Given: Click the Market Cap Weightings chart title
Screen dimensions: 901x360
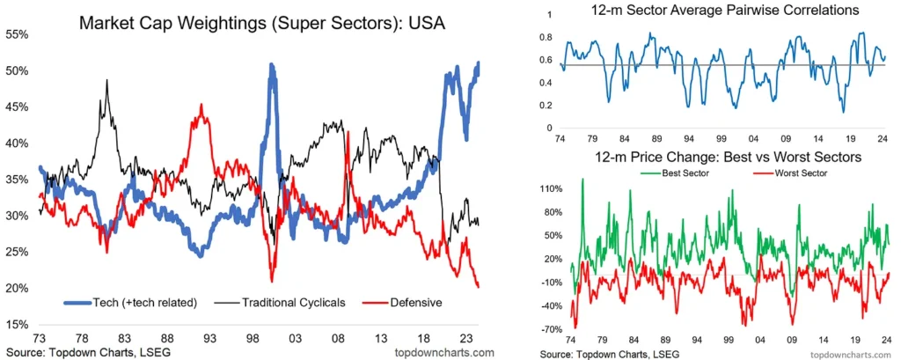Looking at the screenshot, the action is pos(261,24).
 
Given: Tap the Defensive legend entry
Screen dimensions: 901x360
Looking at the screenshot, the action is pos(401,303).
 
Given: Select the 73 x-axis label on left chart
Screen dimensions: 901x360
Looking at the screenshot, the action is pos(40,338).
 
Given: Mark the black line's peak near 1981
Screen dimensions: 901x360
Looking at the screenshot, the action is pos(106,80).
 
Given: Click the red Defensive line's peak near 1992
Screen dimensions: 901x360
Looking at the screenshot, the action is pos(201,105).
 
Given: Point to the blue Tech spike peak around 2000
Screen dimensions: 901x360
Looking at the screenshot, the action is pos(271,64).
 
